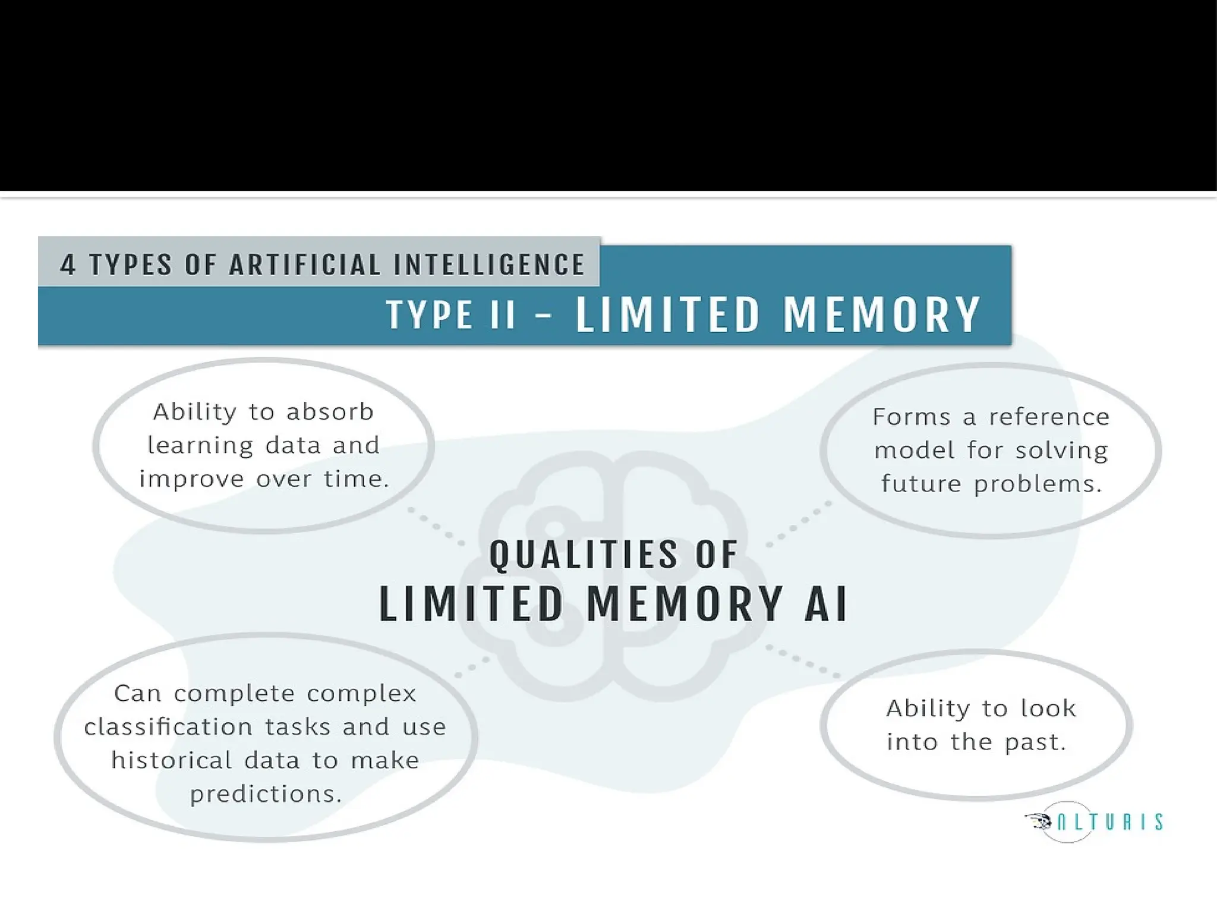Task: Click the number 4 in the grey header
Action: click(x=68, y=265)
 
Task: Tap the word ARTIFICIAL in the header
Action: click(x=305, y=265)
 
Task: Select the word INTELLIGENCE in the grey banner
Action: click(x=490, y=265)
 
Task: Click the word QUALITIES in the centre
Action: click(x=583, y=554)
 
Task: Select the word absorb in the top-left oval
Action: click(x=330, y=411)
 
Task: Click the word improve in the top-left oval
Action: click(x=191, y=479)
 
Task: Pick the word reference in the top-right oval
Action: click(x=1049, y=417)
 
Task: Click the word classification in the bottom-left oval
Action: click(x=168, y=726)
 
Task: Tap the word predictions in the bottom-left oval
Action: click(x=266, y=794)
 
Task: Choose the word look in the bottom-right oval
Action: click(x=1048, y=708)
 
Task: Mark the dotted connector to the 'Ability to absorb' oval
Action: click(x=436, y=527)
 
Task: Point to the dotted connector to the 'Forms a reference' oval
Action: click(x=799, y=524)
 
